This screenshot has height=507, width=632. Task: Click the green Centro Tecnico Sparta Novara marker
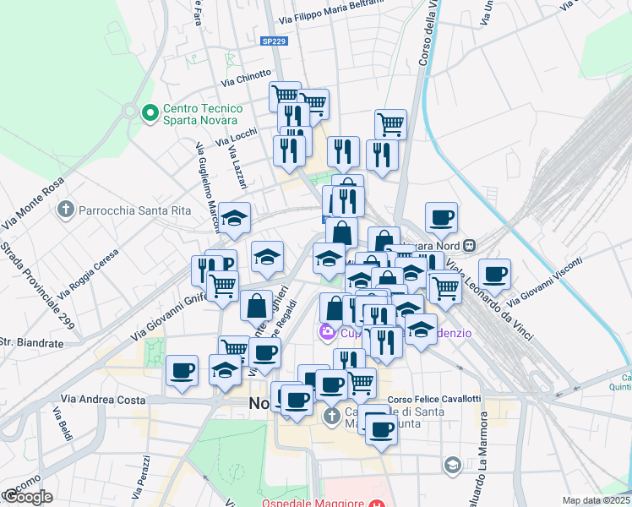click(x=150, y=112)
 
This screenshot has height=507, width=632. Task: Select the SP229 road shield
click(x=272, y=41)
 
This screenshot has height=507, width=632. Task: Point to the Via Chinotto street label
click(x=246, y=79)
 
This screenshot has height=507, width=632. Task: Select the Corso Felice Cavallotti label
click(x=433, y=399)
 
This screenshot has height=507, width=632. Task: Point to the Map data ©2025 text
click(x=597, y=500)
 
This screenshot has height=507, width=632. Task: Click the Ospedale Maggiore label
click(x=313, y=503)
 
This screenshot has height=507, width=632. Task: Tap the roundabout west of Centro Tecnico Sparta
click(x=129, y=111)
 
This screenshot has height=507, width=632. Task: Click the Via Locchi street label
click(x=237, y=138)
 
